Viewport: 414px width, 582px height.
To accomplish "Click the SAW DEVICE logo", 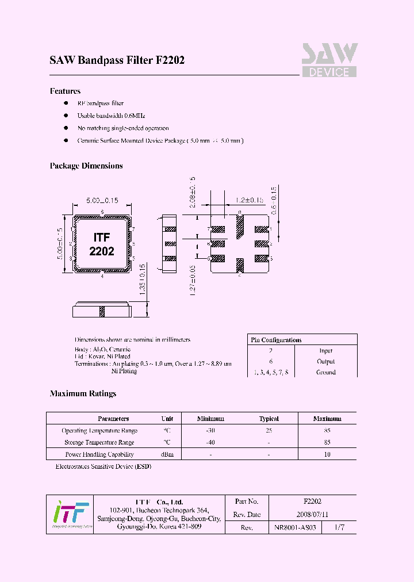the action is (329, 60).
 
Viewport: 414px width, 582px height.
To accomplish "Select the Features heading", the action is (65, 91).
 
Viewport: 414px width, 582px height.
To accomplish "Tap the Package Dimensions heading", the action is (86, 166).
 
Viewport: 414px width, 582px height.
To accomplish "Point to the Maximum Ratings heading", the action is (83, 393).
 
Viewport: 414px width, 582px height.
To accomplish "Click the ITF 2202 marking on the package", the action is (102, 244).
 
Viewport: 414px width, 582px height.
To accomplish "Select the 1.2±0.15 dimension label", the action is (249, 200).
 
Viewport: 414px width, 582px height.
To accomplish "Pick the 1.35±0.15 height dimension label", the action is (140, 280).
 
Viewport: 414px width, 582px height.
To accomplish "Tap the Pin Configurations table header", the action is (277, 340).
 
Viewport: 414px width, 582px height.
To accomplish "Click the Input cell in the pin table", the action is (326, 350).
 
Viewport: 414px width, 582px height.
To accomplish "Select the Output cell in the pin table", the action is (326, 361).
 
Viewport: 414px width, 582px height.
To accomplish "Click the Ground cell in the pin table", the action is (326, 372).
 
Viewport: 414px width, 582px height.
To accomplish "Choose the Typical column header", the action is (269, 419).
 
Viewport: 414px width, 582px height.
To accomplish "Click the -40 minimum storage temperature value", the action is (210, 442).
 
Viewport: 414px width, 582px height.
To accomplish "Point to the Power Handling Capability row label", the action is (99, 454).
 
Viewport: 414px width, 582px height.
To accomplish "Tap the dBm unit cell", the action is (167, 454).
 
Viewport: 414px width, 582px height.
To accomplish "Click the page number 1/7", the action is (340, 527).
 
